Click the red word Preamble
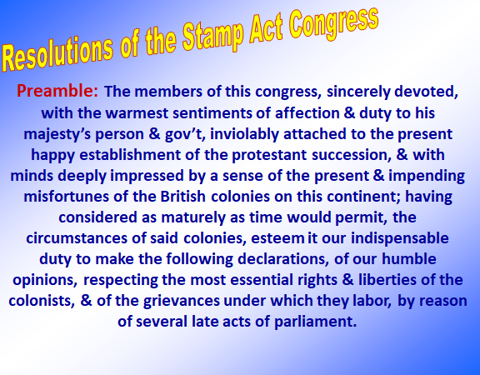coord(57,91)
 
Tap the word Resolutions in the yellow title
coord(57,54)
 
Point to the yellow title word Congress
coord(333,23)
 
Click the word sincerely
coord(358,92)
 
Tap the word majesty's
coord(57,135)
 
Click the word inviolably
coord(244,135)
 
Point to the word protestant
coord(269,155)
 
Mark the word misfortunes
coord(66,197)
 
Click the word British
coord(182,197)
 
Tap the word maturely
coord(193,217)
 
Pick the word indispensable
coord(400,238)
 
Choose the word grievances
coord(181,301)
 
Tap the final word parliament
coord(315,322)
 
